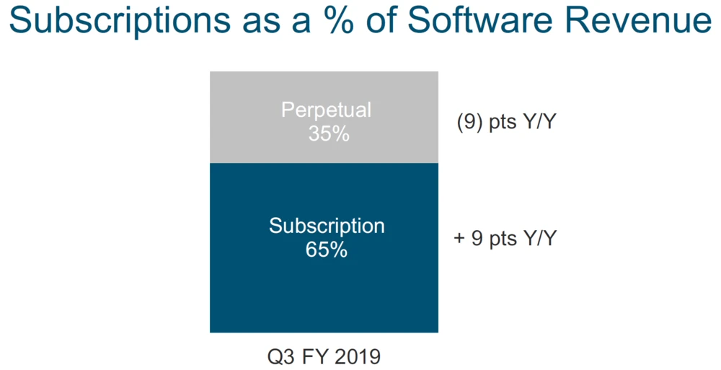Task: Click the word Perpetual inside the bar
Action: point(326,110)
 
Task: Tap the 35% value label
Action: point(326,133)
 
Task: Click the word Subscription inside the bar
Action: point(327,226)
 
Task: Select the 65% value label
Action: point(327,250)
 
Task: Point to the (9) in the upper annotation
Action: point(469,123)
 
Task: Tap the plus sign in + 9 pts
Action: point(459,239)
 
